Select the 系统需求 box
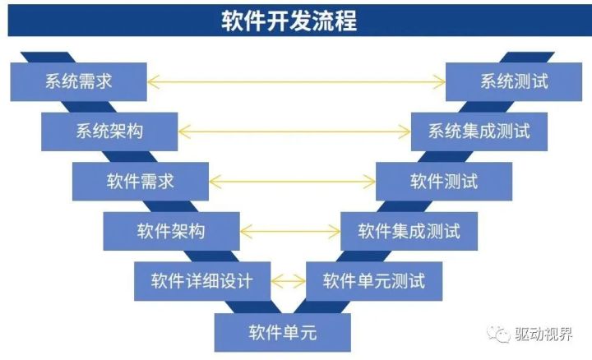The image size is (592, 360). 79,81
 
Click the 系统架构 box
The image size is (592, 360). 109,130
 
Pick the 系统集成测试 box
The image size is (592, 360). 479,130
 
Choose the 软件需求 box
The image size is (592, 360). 141,180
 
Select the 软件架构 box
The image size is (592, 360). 171,231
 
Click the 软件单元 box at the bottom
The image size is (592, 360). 283,333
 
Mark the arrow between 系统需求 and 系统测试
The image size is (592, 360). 296,81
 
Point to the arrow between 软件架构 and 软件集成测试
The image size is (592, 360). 289,231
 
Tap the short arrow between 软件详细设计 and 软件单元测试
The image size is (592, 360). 289,281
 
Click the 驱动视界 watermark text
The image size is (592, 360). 543,334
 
